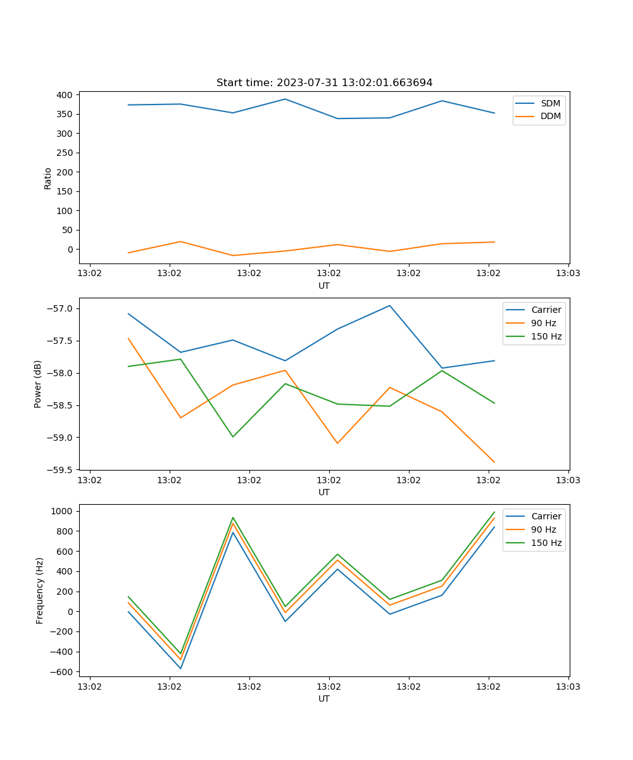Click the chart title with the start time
324,83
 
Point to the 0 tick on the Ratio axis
70,250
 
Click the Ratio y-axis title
47,179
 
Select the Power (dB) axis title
38,384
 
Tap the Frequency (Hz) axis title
39,590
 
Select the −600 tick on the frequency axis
62,672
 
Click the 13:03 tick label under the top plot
568,274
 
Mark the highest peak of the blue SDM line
285,99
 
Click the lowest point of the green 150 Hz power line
233,437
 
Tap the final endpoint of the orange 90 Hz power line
494,462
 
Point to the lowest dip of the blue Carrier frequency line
180,668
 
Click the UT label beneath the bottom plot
324,699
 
